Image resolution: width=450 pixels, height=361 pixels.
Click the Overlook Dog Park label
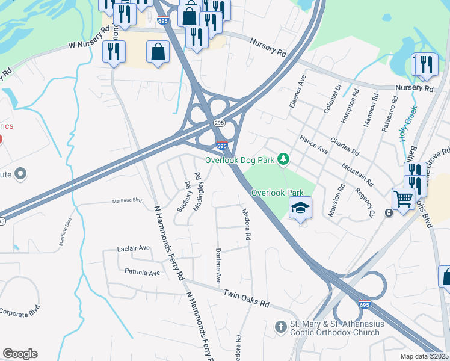click(240, 160)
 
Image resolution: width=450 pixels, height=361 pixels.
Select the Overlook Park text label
click(274, 193)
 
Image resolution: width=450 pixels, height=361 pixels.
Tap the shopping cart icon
click(403, 199)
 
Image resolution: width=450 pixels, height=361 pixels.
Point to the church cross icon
click(280, 327)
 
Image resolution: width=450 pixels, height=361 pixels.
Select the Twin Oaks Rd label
click(246, 298)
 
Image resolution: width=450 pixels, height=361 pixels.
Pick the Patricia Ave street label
click(143, 273)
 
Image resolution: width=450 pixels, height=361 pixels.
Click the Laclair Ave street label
click(134, 248)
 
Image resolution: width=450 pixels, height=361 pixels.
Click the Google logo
click(20, 354)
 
